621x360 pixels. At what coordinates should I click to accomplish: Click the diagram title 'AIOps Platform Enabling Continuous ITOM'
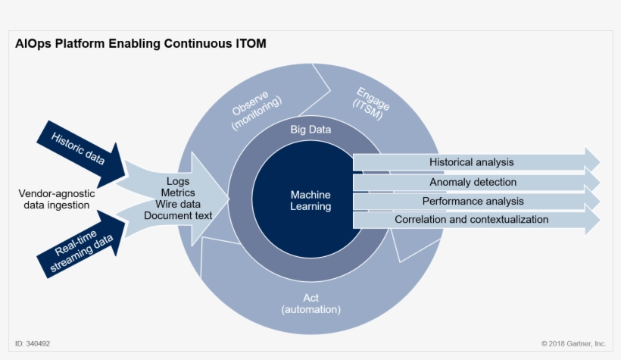pyautogui.click(x=140, y=44)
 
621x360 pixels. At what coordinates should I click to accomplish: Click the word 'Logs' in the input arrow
pyautogui.click(x=179, y=182)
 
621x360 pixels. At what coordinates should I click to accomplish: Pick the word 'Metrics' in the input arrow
pyautogui.click(x=179, y=193)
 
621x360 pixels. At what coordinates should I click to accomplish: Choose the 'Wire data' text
pyautogui.click(x=179, y=205)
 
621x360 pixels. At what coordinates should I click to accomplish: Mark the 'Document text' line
pyautogui.click(x=179, y=216)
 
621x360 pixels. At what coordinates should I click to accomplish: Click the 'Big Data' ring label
pyautogui.click(x=310, y=130)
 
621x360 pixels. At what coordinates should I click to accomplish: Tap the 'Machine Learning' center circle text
pyautogui.click(x=310, y=201)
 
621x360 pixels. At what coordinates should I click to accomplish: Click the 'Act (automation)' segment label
pyautogui.click(x=310, y=303)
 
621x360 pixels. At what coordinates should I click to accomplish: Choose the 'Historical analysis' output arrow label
pyautogui.click(x=471, y=162)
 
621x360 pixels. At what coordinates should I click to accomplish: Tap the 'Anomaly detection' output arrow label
pyautogui.click(x=473, y=182)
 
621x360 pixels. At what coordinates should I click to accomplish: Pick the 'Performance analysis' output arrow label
pyautogui.click(x=473, y=201)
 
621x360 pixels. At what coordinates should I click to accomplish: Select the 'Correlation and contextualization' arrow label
pyautogui.click(x=471, y=220)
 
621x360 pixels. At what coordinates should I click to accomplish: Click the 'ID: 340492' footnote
pyautogui.click(x=33, y=344)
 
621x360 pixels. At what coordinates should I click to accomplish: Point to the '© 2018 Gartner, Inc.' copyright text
pyautogui.click(x=573, y=344)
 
